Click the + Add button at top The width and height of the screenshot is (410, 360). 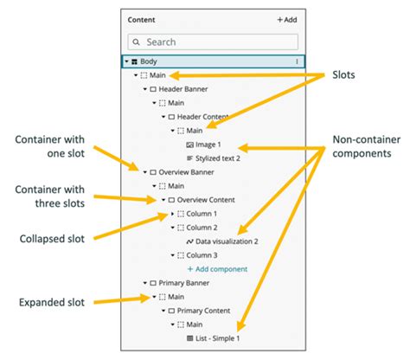[287, 19]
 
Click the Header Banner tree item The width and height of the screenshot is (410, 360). [183, 89]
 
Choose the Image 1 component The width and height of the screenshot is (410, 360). [208, 145]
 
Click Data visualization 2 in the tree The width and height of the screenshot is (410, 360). [227, 241]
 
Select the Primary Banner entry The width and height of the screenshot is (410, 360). [185, 283]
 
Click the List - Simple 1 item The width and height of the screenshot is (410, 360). [218, 338]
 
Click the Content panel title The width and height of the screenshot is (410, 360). [143, 19]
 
